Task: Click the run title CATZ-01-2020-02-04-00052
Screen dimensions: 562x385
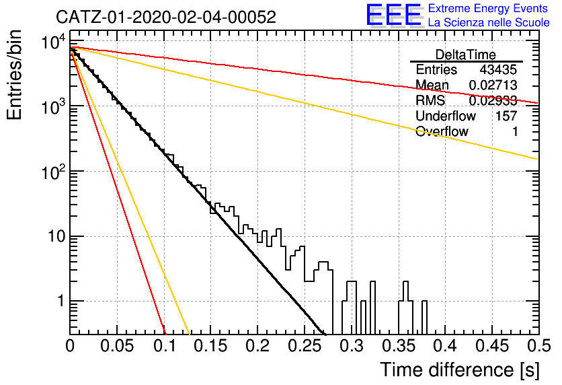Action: point(166,17)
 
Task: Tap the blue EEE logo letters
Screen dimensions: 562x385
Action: point(393,15)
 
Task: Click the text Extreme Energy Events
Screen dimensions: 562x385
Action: point(488,8)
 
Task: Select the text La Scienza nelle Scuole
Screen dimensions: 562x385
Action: point(489,23)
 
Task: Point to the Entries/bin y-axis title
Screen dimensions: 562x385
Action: point(15,75)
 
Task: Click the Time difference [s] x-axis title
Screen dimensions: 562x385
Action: point(460,370)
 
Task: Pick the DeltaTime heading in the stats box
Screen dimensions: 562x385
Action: point(466,55)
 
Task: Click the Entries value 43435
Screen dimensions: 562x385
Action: point(498,69)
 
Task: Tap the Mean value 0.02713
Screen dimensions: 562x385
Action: point(493,85)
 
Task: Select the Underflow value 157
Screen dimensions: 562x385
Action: point(506,116)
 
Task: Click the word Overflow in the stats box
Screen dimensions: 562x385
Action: point(442,131)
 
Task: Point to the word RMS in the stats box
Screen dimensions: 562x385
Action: point(430,100)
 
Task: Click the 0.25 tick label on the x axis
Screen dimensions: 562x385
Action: point(305,346)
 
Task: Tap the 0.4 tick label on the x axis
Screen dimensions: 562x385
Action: point(445,346)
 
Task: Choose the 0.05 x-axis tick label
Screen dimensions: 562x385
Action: point(117,346)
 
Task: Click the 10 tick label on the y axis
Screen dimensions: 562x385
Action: point(57,236)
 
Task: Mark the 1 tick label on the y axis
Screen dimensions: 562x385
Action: point(61,301)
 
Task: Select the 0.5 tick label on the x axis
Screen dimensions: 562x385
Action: point(538,346)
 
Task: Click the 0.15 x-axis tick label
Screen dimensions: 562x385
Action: point(211,346)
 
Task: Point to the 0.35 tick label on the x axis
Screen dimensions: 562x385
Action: point(398,346)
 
